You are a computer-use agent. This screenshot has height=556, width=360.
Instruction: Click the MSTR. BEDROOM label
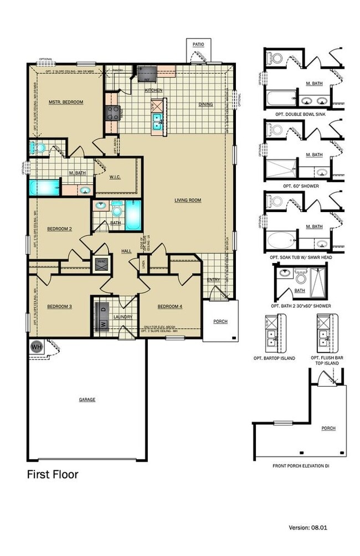[65, 102]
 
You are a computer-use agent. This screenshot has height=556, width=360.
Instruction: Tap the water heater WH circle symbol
[37, 347]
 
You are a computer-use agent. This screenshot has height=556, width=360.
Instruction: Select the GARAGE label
[87, 399]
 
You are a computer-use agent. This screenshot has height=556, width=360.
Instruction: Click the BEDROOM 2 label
[59, 228]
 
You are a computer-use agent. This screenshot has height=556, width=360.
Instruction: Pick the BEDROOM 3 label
[59, 307]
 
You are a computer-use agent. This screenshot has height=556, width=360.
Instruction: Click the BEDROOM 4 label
[169, 307]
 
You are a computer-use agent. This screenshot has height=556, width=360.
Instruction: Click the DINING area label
[205, 104]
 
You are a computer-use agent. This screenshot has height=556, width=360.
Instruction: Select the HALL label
[126, 251]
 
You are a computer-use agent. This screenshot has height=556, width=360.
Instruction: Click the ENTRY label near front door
[214, 280]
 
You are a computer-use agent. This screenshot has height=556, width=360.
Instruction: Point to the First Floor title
[53, 475]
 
